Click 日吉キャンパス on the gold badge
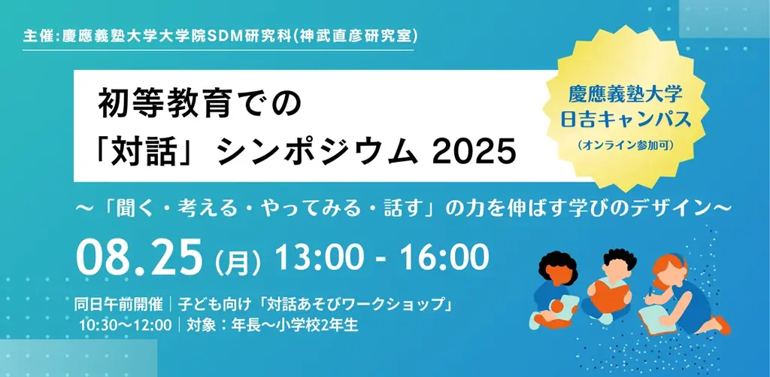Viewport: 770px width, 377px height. tap(631, 120)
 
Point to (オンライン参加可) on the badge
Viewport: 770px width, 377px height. tap(631, 144)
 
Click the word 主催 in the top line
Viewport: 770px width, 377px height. tap(38, 36)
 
